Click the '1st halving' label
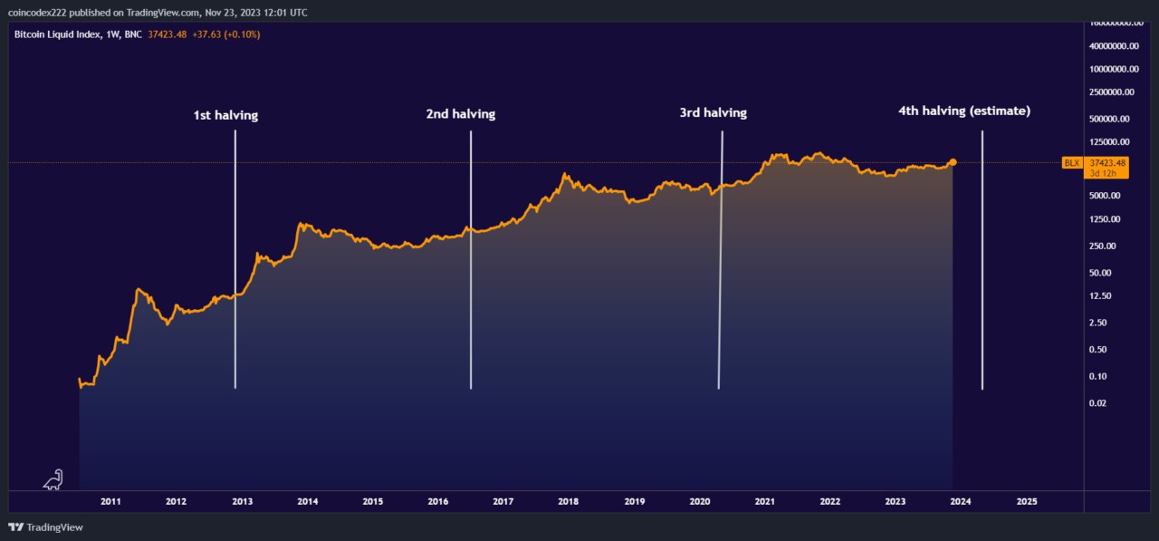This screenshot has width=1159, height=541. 225,115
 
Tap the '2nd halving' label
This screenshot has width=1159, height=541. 461,114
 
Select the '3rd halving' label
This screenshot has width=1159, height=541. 714,113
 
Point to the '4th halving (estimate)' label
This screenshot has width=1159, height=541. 964,111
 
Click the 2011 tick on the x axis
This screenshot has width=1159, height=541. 110,501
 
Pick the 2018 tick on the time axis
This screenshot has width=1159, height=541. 569,501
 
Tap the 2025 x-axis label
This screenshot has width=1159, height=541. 1027,501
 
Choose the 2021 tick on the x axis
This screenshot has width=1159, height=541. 764,501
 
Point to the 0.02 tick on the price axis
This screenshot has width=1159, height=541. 1097,403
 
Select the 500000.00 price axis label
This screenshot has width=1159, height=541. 1108,119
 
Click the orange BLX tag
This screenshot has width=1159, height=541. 1072,163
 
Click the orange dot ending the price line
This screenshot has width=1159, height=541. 953,162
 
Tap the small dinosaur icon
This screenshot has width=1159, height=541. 53,479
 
